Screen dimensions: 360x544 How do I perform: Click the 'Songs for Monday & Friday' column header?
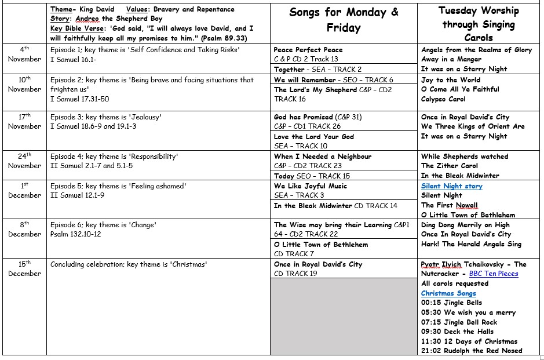344,20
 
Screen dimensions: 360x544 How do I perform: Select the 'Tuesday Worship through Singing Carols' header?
479,24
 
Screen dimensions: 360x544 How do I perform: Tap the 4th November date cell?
25,54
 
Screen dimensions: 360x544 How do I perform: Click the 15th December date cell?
25,268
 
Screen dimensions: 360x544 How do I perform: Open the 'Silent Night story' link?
452,186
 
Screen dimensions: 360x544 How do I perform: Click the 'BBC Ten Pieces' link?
494,274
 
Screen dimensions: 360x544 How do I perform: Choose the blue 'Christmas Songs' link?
448,293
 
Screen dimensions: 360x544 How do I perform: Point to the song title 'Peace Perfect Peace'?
308,50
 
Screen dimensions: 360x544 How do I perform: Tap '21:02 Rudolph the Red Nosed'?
472,350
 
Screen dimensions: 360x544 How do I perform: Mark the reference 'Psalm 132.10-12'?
76,234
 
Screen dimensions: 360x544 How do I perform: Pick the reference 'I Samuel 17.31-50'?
79,99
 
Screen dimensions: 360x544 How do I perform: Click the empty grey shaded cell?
344,316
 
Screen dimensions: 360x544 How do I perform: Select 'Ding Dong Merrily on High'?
465,225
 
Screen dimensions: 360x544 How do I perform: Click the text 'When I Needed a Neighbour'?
323,157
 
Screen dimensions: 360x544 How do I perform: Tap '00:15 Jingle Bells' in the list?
451,303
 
